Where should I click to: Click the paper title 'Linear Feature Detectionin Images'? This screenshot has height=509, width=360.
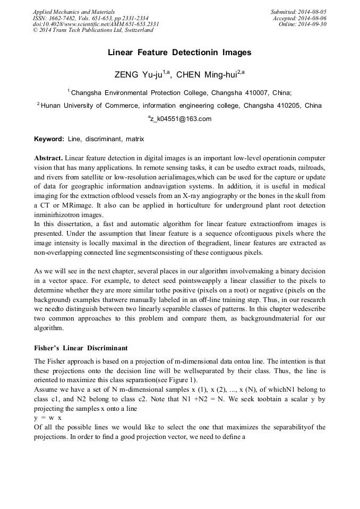point(179,53)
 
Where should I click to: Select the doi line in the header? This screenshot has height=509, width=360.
point(96,24)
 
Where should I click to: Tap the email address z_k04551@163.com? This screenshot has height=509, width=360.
point(181,119)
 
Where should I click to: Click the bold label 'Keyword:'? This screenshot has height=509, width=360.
point(49,139)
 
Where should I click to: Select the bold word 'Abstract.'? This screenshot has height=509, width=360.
point(48,159)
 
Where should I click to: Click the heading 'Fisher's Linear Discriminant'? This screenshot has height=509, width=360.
point(81,348)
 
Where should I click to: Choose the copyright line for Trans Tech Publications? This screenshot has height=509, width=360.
point(93,30)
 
